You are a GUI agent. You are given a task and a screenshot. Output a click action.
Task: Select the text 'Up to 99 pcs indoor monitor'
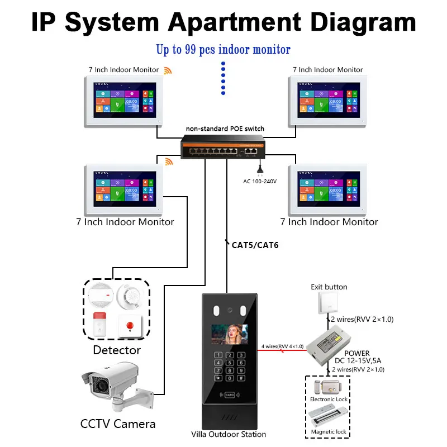223,50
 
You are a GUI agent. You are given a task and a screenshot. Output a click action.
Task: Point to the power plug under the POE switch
259,167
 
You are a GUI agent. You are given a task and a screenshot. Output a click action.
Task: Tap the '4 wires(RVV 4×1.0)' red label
282,346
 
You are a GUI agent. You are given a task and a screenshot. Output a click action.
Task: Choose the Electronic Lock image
329,387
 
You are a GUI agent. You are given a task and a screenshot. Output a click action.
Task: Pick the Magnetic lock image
329,417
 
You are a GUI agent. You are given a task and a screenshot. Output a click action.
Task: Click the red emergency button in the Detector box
131,325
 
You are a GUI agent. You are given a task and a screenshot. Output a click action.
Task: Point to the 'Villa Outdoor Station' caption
229,434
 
